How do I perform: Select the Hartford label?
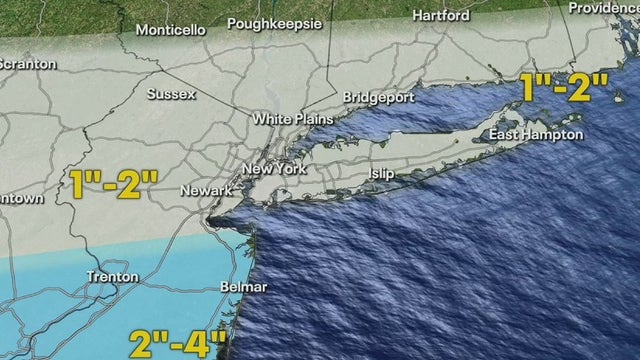[x=440, y=16]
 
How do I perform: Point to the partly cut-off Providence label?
[x=603, y=8]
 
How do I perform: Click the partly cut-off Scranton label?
[x=27, y=64]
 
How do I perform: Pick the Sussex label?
[x=172, y=95]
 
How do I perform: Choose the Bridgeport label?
[x=376, y=98]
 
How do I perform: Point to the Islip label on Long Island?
[x=380, y=174]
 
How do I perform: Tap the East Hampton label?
[x=535, y=135]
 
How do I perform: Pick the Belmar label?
[x=243, y=288]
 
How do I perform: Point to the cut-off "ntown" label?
[x=21, y=198]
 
